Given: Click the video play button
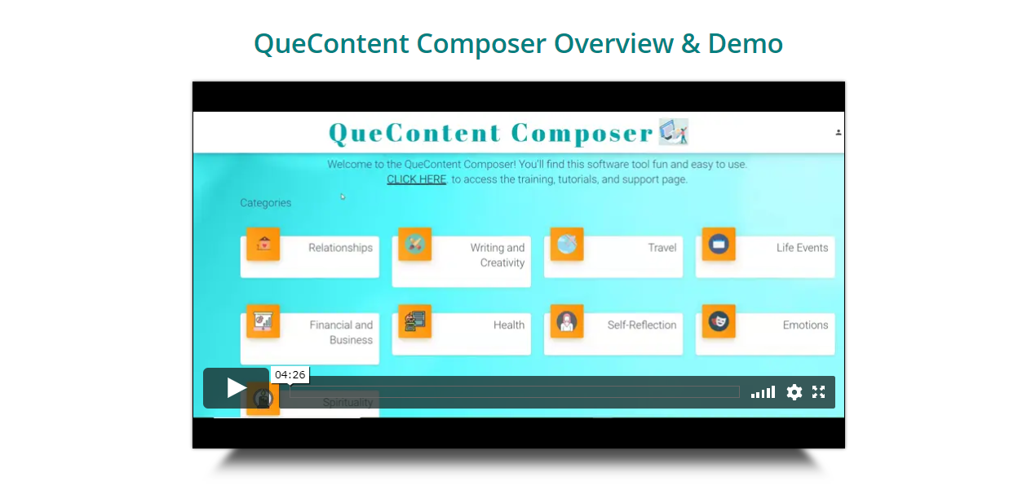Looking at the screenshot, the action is click(x=236, y=388).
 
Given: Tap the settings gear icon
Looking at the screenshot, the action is click(x=794, y=392).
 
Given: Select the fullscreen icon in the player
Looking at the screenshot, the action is click(x=818, y=392).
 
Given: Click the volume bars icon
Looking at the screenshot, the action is click(x=763, y=392).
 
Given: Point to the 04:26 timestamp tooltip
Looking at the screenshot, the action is click(x=290, y=375).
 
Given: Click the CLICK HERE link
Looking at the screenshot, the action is click(x=416, y=179).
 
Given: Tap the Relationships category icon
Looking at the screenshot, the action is click(x=263, y=244).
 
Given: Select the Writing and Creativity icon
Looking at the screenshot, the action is click(x=415, y=244).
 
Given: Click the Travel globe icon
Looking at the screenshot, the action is click(x=567, y=244).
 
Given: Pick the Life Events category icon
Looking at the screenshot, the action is click(x=719, y=244).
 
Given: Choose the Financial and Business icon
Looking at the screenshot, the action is click(x=263, y=321).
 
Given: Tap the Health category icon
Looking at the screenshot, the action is click(x=415, y=321).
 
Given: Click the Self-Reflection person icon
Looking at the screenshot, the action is click(x=567, y=321).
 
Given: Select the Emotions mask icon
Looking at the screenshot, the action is click(x=719, y=321).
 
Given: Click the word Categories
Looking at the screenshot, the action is click(x=266, y=203).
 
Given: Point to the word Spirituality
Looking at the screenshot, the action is click(x=347, y=402).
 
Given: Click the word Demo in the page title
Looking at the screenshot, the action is click(x=746, y=44).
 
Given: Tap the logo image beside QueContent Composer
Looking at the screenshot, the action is click(x=674, y=131).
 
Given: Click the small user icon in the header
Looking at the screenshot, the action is click(x=839, y=132).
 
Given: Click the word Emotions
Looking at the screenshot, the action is click(x=805, y=325).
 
